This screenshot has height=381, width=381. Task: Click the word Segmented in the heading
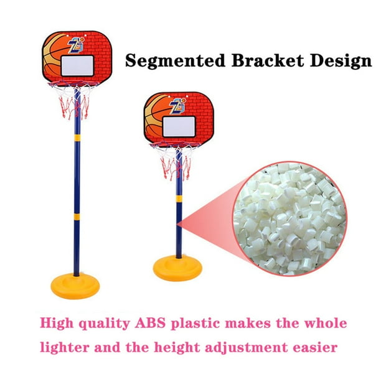175,61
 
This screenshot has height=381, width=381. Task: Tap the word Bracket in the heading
268,60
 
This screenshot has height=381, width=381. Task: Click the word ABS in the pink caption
150,323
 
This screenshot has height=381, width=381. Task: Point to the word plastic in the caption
195,324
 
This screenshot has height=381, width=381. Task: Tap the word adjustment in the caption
247,347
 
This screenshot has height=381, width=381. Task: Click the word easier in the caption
315,347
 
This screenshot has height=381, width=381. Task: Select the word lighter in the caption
64,347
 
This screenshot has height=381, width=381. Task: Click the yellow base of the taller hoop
75,286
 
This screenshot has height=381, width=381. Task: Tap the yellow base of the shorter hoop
177,268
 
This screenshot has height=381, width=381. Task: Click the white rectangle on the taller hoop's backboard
77,65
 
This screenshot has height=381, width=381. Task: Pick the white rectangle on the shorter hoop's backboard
179,126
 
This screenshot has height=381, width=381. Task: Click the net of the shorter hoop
175,161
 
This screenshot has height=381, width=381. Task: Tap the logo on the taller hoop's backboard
76,45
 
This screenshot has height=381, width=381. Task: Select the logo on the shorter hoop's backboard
177,106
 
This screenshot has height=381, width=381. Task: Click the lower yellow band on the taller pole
77,217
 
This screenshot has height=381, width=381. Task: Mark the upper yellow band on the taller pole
77,138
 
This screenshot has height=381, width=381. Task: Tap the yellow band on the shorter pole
179,199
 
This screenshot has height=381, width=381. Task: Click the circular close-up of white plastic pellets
290,219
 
